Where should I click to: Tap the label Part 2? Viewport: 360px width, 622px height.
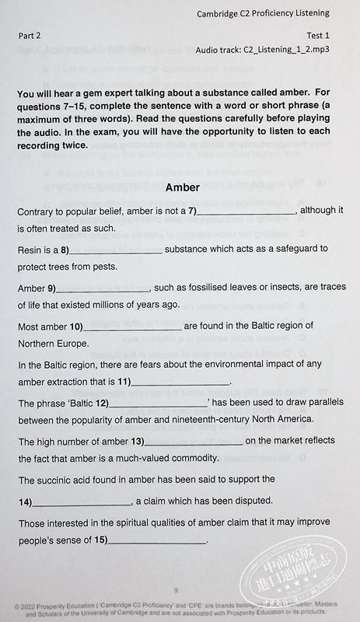31,36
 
